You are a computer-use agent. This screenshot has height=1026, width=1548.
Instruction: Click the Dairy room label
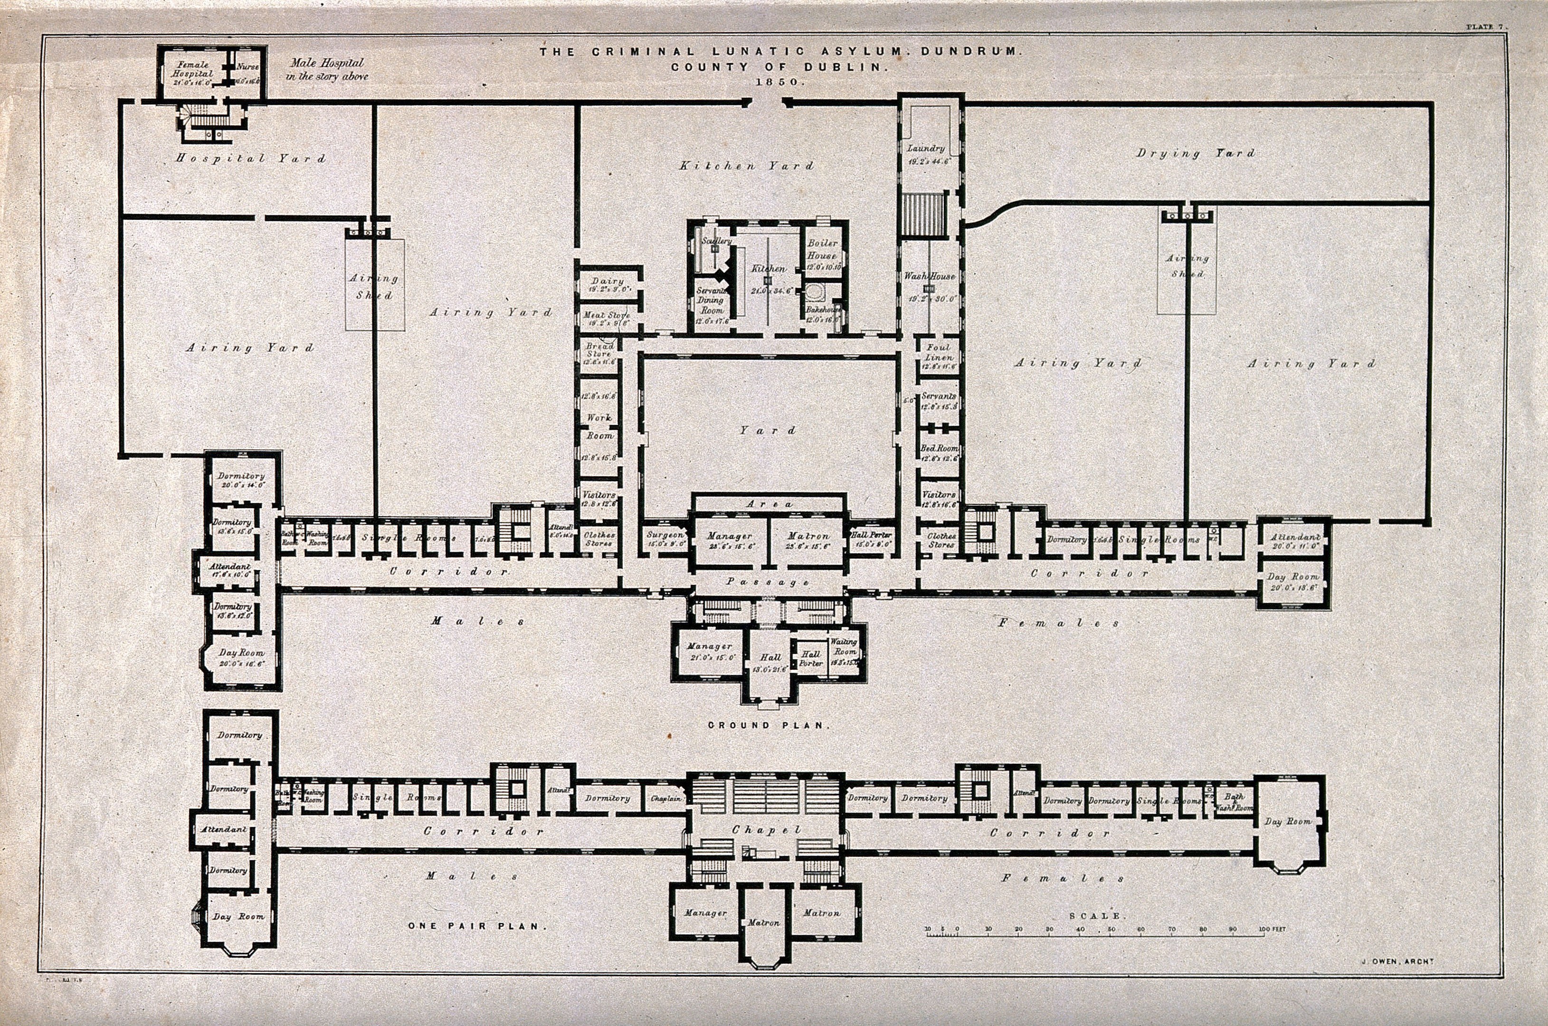607,281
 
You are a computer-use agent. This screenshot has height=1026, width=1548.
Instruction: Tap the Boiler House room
821,249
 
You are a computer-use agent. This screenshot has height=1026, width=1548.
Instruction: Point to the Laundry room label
925,149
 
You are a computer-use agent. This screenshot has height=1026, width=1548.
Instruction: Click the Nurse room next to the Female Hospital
247,67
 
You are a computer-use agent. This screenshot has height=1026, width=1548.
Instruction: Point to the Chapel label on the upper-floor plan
766,830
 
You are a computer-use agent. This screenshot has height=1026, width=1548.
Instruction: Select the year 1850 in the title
778,83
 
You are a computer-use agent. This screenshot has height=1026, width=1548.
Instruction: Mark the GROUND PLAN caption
769,725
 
